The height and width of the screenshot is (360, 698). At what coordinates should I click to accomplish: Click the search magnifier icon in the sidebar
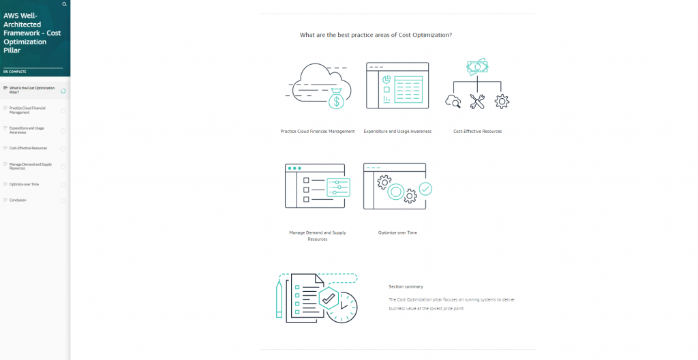click(x=64, y=4)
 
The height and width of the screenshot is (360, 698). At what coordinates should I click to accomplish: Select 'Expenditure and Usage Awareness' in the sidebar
click(x=27, y=130)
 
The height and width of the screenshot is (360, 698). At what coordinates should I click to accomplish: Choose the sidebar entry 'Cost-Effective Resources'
click(x=28, y=148)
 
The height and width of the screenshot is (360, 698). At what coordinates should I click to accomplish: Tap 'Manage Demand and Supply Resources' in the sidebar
click(x=30, y=166)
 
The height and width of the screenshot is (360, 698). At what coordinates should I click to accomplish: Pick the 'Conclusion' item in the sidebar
click(x=18, y=200)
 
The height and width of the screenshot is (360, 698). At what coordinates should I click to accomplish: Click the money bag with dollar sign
click(x=335, y=100)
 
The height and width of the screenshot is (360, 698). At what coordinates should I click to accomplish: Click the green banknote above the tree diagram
click(x=477, y=67)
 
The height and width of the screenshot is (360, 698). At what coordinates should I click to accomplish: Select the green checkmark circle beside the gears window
click(x=425, y=187)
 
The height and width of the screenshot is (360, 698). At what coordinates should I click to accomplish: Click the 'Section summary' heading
click(x=406, y=286)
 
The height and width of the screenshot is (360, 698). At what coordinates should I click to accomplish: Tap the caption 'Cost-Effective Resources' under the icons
click(x=477, y=131)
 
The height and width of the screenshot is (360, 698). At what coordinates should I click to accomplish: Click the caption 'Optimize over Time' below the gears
click(x=397, y=232)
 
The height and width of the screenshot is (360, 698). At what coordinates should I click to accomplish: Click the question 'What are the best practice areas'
click(x=376, y=35)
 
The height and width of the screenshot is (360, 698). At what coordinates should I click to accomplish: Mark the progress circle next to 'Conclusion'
click(x=63, y=200)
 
